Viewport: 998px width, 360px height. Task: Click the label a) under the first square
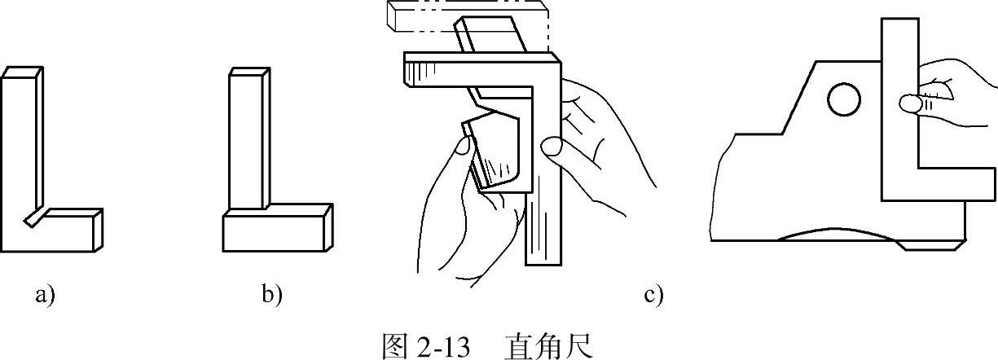point(44,295)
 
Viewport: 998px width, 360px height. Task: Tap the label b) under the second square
point(271,295)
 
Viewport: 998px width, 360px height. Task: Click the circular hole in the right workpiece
point(843,101)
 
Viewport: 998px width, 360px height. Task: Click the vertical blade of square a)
point(18,147)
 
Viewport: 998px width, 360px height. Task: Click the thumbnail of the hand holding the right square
point(909,103)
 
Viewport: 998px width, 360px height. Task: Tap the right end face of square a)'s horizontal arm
point(98,228)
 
